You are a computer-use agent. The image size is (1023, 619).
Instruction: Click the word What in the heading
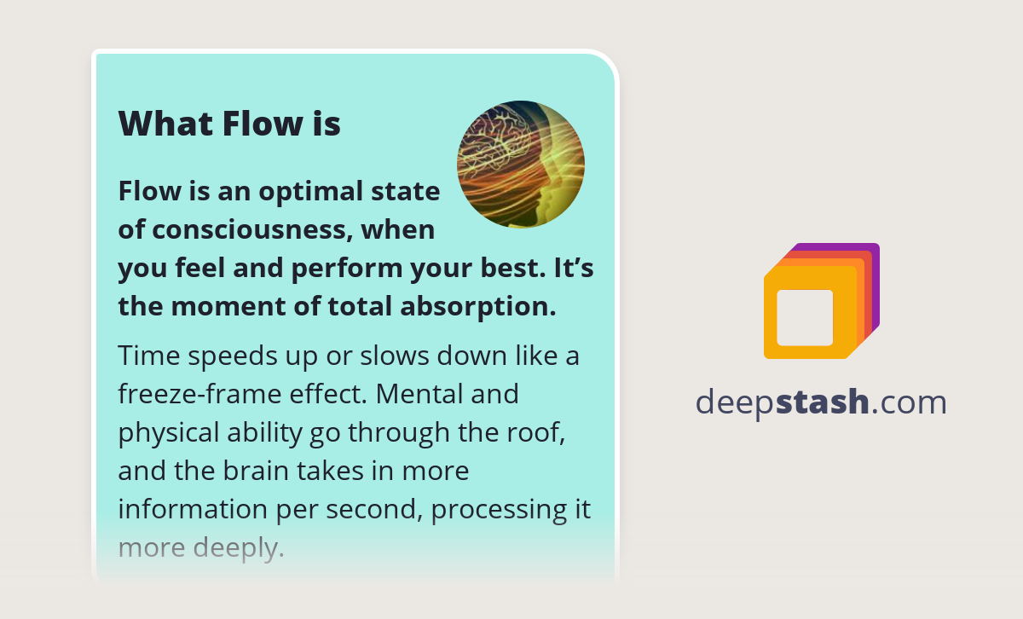(165, 124)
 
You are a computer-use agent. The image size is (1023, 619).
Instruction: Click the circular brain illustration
(520, 165)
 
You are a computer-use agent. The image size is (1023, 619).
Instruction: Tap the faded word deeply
(241, 548)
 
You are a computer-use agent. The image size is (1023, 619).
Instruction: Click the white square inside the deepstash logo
(805, 318)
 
